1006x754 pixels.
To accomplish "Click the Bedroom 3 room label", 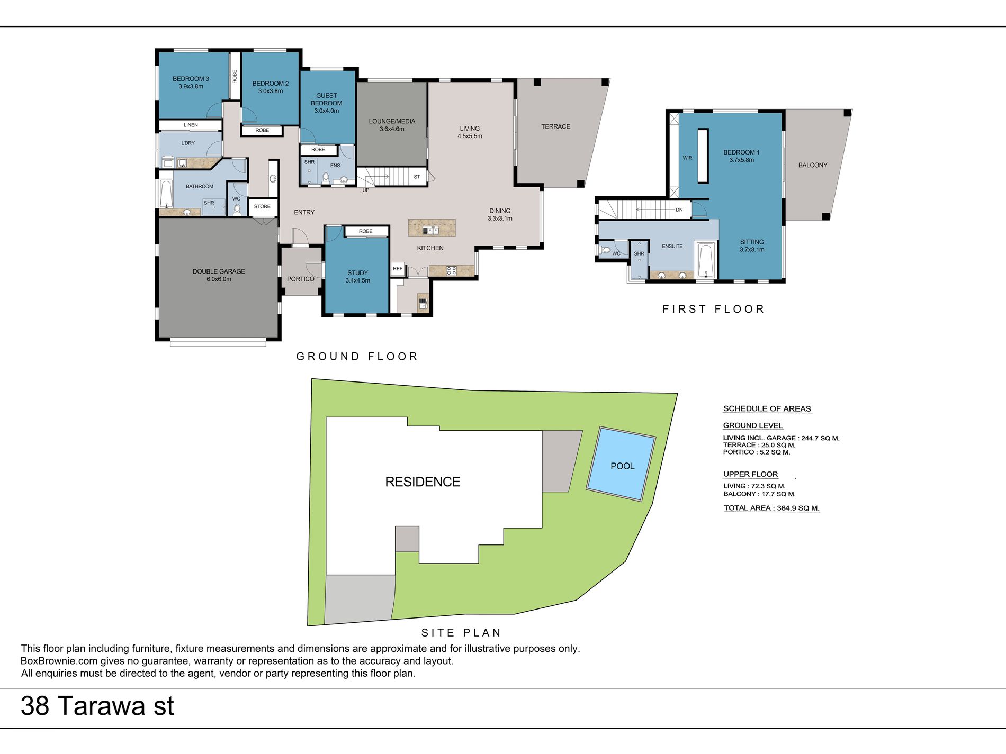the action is (x=191, y=83).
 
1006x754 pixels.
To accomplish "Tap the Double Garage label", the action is (x=219, y=275).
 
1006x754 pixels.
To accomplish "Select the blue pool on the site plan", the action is (x=622, y=464).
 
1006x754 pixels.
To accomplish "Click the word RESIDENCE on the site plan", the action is (x=423, y=482).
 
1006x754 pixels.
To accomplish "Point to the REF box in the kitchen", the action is (x=398, y=269).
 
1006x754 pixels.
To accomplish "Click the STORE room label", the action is (x=262, y=207).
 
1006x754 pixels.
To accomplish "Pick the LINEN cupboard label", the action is (x=191, y=125).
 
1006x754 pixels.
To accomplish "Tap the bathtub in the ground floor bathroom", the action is (x=166, y=194).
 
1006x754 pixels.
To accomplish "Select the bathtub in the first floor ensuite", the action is (x=705, y=260).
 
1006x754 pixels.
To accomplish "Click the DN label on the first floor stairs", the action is (x=679, y=210).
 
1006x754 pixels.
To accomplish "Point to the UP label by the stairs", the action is (x=366, y=190).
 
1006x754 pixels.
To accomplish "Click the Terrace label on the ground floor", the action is (x=555, y=126).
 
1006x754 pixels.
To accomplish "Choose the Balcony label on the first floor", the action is (x=812, y=165).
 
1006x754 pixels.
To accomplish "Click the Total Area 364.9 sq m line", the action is (x=771, y=508).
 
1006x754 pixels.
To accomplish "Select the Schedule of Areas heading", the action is (x=767, y=408).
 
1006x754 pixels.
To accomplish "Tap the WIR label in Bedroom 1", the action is (x=687, y=158).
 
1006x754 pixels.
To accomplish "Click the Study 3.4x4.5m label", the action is (x=357, y=277).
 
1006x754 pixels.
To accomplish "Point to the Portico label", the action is (x=300, y=279).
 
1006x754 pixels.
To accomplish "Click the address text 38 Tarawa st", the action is (x=97, y=706).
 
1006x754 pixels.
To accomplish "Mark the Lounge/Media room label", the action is (x=392, y=125).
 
